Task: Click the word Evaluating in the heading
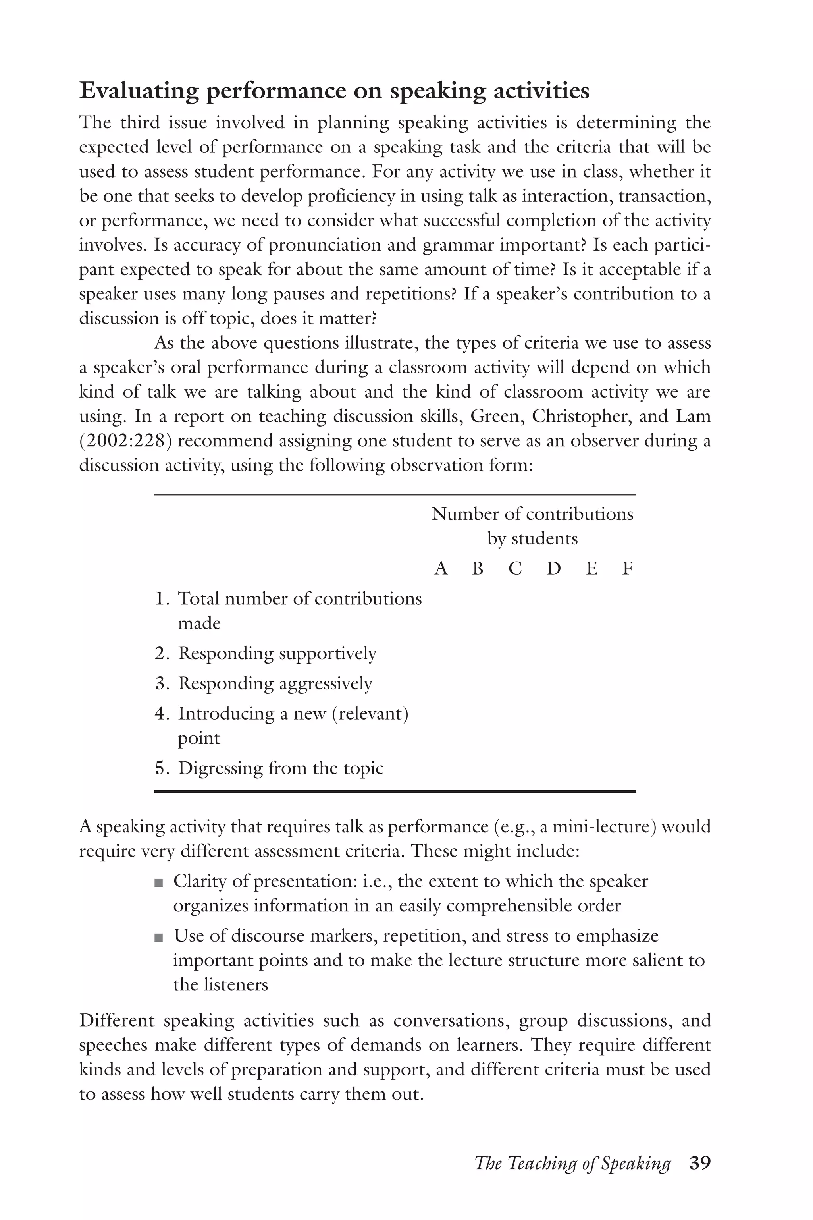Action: [139, 91]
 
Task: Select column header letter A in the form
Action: [441, 569]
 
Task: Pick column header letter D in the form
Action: [554, 569]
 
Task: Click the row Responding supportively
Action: [277, 654]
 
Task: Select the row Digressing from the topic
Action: [280, 768]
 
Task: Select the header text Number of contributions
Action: [532, 514]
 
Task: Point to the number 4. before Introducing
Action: [162, 714]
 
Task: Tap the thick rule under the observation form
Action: [395, 791]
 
